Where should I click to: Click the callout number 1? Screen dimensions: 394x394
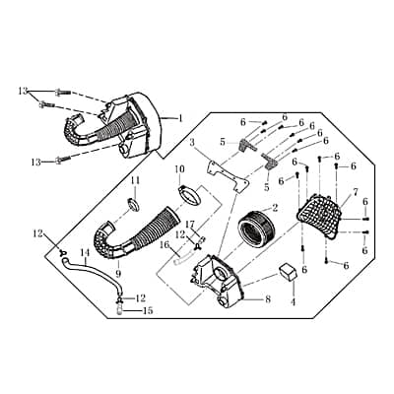pos(180,117)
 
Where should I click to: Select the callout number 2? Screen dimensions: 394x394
pos(274,208)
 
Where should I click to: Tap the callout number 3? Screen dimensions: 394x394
pos(193,144)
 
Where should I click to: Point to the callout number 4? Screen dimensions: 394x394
pos(292,302)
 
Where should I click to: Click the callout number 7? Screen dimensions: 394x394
pos(355,190)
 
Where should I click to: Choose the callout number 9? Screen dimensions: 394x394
pos(117,275)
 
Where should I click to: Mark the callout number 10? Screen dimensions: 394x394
pos(179,168)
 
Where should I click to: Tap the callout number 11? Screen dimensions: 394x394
pos(135,180)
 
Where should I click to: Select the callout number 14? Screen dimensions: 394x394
pos(85,253)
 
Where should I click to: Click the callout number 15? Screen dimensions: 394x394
pos(149,311)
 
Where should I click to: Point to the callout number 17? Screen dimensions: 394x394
pos(190,225)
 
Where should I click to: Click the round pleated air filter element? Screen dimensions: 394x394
pos(259,233)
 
